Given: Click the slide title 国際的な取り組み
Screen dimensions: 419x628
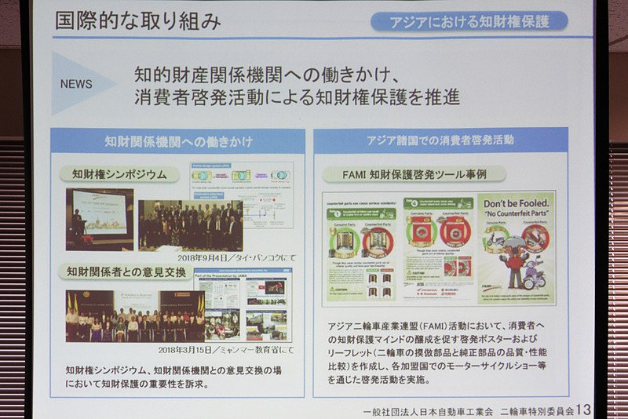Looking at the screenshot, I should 138,21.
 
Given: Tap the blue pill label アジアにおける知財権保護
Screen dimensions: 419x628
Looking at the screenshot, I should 469,21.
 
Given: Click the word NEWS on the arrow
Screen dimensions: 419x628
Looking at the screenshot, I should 76,84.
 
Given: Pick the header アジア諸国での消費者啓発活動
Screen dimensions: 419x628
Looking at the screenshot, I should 440,140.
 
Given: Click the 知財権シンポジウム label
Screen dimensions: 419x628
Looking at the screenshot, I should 120,173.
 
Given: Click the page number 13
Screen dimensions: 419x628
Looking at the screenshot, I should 582,409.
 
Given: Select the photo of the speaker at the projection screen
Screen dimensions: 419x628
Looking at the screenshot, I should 100,219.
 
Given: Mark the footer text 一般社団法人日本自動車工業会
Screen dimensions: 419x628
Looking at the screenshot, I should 427,410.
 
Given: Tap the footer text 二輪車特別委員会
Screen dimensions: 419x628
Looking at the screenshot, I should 536,410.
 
